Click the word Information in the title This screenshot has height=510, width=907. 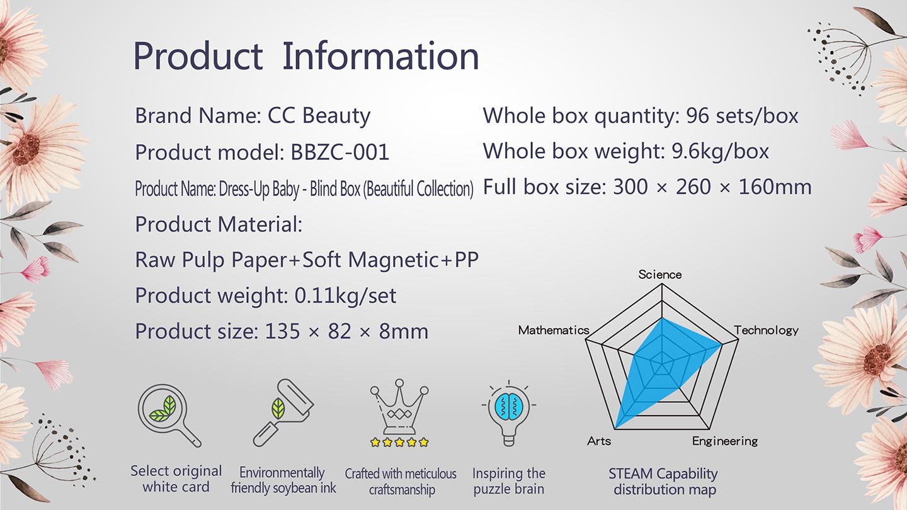pos(380,56)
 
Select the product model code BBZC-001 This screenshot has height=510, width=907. pos(339,152)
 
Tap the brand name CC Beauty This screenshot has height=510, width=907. pos(319,116)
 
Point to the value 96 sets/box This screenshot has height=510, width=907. pos(742,116)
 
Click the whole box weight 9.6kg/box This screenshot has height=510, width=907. pos(720,152)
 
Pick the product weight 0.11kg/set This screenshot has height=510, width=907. pos(345,295)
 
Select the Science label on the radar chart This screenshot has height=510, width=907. pos(660,275)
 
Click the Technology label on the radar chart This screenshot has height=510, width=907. pos(767,331)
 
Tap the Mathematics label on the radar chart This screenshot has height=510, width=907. pos(554,331)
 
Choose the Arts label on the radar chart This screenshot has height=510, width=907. pos(599,441)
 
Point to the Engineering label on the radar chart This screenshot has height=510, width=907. pos(725,441)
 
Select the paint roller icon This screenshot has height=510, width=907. pos(283,412)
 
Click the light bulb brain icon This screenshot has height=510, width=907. pos(508,413)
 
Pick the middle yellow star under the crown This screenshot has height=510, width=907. pos(399,442)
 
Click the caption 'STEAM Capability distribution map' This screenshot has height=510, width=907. pos(664,481)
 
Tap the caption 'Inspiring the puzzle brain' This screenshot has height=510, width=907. pos(508,481)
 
